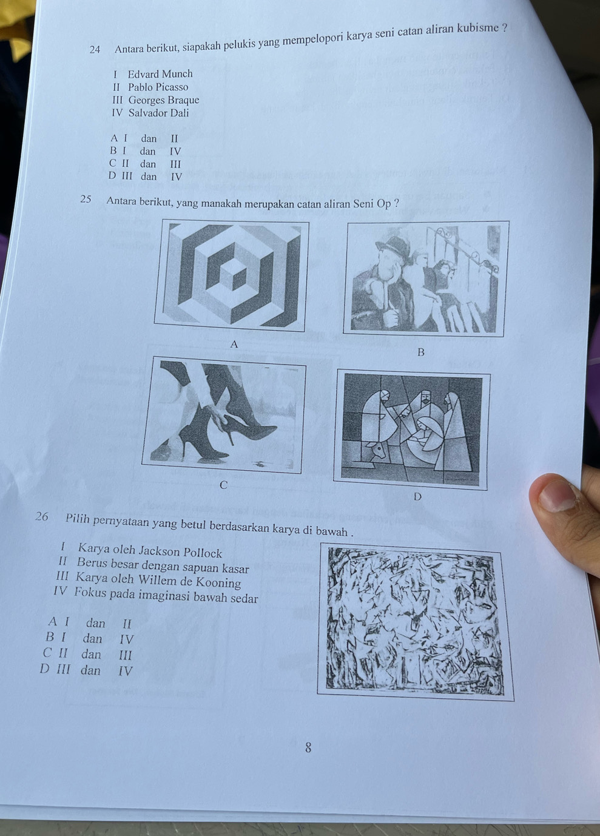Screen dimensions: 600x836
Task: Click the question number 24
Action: pos(95,49)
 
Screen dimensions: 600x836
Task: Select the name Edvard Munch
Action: pos(160,74)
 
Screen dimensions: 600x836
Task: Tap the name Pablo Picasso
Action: pos(158,87)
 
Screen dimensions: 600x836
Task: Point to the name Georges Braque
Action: pos(164,100)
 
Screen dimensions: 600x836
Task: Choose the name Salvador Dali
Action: pos(158,113)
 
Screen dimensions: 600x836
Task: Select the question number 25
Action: pos(86,200)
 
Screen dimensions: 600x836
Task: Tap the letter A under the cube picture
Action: pos(234,344)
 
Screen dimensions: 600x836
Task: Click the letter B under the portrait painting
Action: pos(421,352)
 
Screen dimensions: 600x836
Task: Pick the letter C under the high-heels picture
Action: pos(223,485)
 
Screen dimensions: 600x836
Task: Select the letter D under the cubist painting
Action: pos(417,497)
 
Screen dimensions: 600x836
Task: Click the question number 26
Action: pos(42,516)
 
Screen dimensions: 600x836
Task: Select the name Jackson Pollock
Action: pos(181,551)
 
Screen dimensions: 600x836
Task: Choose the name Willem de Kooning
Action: pos(190,581)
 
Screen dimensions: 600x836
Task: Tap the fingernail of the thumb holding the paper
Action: pos(557,495)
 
